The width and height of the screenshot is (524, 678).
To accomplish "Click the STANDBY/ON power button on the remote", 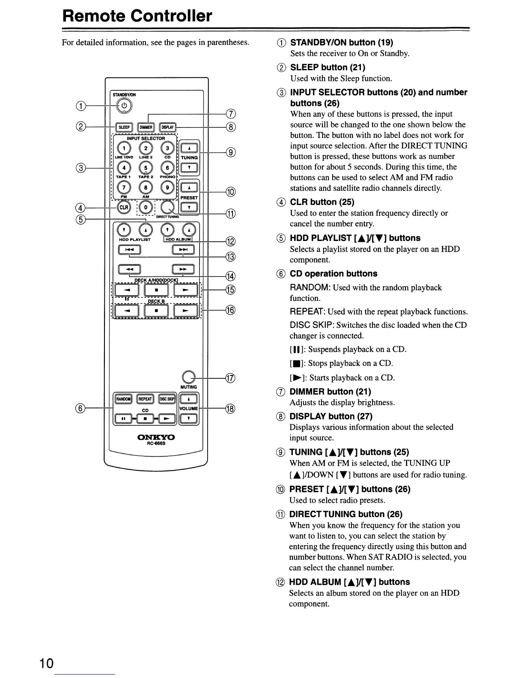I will point(124,106).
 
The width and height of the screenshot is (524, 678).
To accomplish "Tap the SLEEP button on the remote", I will point(124,127).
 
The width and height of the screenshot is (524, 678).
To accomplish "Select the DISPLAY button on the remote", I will point(167,127).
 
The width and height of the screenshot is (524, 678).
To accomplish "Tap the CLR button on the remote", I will point(124,207).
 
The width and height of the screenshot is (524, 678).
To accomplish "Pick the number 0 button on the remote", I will point(146,207).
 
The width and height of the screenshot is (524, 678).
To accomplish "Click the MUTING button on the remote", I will point(189,376).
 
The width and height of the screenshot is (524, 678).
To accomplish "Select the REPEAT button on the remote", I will point(146,399).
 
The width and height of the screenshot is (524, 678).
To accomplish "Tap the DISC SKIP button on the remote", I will point(167,399).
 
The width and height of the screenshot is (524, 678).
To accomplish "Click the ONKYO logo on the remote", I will point(156,437).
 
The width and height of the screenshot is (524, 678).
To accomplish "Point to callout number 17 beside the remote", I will point(230,378).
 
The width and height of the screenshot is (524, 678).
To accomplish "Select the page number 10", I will point(46,663).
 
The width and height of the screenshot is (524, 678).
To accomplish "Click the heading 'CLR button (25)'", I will point(322,202).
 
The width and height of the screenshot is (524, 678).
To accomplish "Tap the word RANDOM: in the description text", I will point(310,288).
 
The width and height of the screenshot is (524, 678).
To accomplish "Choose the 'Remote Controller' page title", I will point(137,16).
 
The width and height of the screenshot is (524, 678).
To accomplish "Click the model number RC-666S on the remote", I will point(156,443).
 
